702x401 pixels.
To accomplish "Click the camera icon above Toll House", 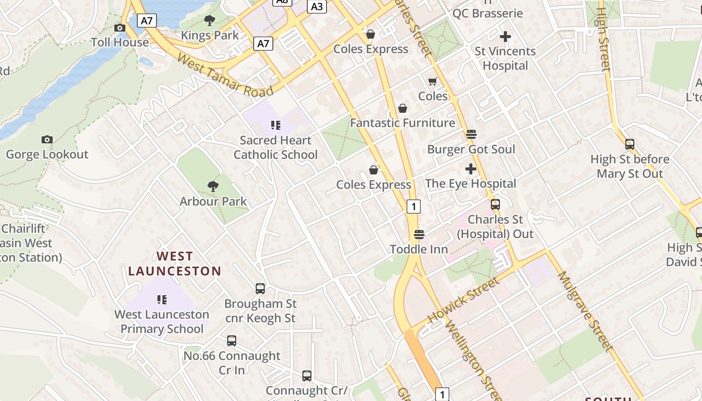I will coord(120,28).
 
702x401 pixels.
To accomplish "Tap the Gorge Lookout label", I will coord(47,154).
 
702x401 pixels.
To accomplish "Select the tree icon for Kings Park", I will coord(210,21).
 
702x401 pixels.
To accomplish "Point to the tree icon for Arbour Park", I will coord(213,186).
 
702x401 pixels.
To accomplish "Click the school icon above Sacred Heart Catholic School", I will coord(276,125).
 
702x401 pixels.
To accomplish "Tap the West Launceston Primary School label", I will coord(161,322).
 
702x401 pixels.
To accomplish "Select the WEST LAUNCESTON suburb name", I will coord(174,264).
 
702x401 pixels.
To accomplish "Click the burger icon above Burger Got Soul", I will coord(471,134).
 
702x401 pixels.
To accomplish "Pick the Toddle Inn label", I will coord(419,249).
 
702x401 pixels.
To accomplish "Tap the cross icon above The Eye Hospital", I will coord(471,169).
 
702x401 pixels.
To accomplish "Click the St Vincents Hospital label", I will coord(505,58).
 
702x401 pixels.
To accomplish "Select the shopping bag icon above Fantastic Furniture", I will coord(402,108).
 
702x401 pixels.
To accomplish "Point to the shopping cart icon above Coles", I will coord(433,81).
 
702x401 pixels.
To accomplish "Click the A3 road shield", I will coord(317,7).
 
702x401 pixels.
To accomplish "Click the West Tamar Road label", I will coord(225,76).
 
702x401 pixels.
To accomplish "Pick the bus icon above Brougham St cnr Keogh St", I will coord(260,289).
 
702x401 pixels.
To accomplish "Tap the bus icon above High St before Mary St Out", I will coord(630,144).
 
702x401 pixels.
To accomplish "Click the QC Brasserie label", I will coord(487,13).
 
